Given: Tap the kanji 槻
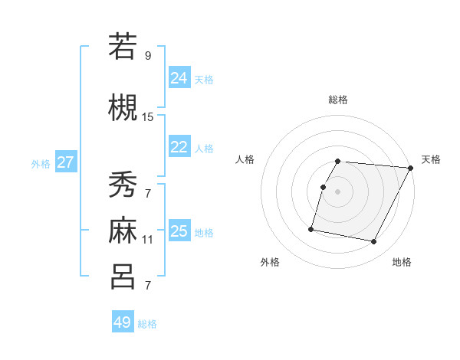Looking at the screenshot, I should [123, 107].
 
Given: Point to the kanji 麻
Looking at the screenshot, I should [123, 230].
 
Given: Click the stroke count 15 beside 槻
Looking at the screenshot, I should [148, 117].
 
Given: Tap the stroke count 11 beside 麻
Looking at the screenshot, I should [148, 240].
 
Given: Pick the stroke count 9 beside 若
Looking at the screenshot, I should [148, 56].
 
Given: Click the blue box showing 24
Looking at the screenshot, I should [179, 77].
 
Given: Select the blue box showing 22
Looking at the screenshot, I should [179, 147].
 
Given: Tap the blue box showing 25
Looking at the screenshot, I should [179, 231].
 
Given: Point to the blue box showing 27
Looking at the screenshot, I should [66, 162].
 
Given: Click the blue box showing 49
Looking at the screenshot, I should [123, 322].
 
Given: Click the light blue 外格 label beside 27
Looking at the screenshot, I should [41, 163].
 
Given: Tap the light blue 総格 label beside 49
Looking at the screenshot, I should [147, 324].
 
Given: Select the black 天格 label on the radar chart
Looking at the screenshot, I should [431, 159].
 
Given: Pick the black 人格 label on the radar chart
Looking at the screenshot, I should [245, 159].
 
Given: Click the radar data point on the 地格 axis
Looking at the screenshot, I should [374, 242].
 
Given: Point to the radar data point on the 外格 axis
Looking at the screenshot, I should [311, 228].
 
